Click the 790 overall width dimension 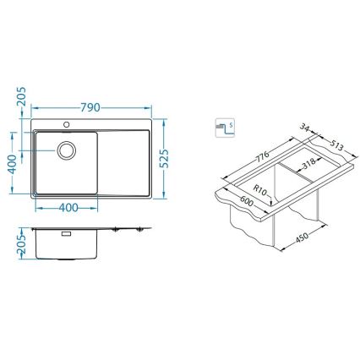click(x=91, y=108)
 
